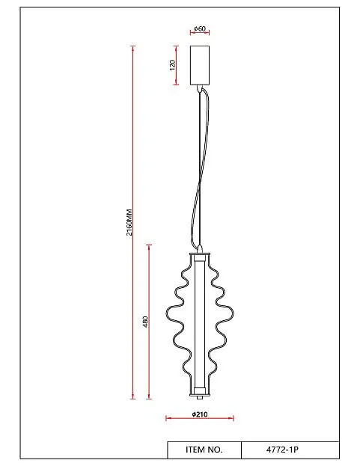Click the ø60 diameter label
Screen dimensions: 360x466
point(200,28)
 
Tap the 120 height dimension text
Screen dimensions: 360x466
point(172,65)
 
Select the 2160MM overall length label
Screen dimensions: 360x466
point(129,222)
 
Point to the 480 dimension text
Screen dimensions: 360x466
point(145,322)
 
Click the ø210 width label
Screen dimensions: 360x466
point(200,414)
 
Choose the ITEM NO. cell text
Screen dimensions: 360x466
point(204,450)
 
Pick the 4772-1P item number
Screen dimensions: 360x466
point(282,450)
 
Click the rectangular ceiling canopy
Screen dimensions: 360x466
point(200,65)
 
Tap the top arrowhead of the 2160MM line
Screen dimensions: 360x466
point(133,49)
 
